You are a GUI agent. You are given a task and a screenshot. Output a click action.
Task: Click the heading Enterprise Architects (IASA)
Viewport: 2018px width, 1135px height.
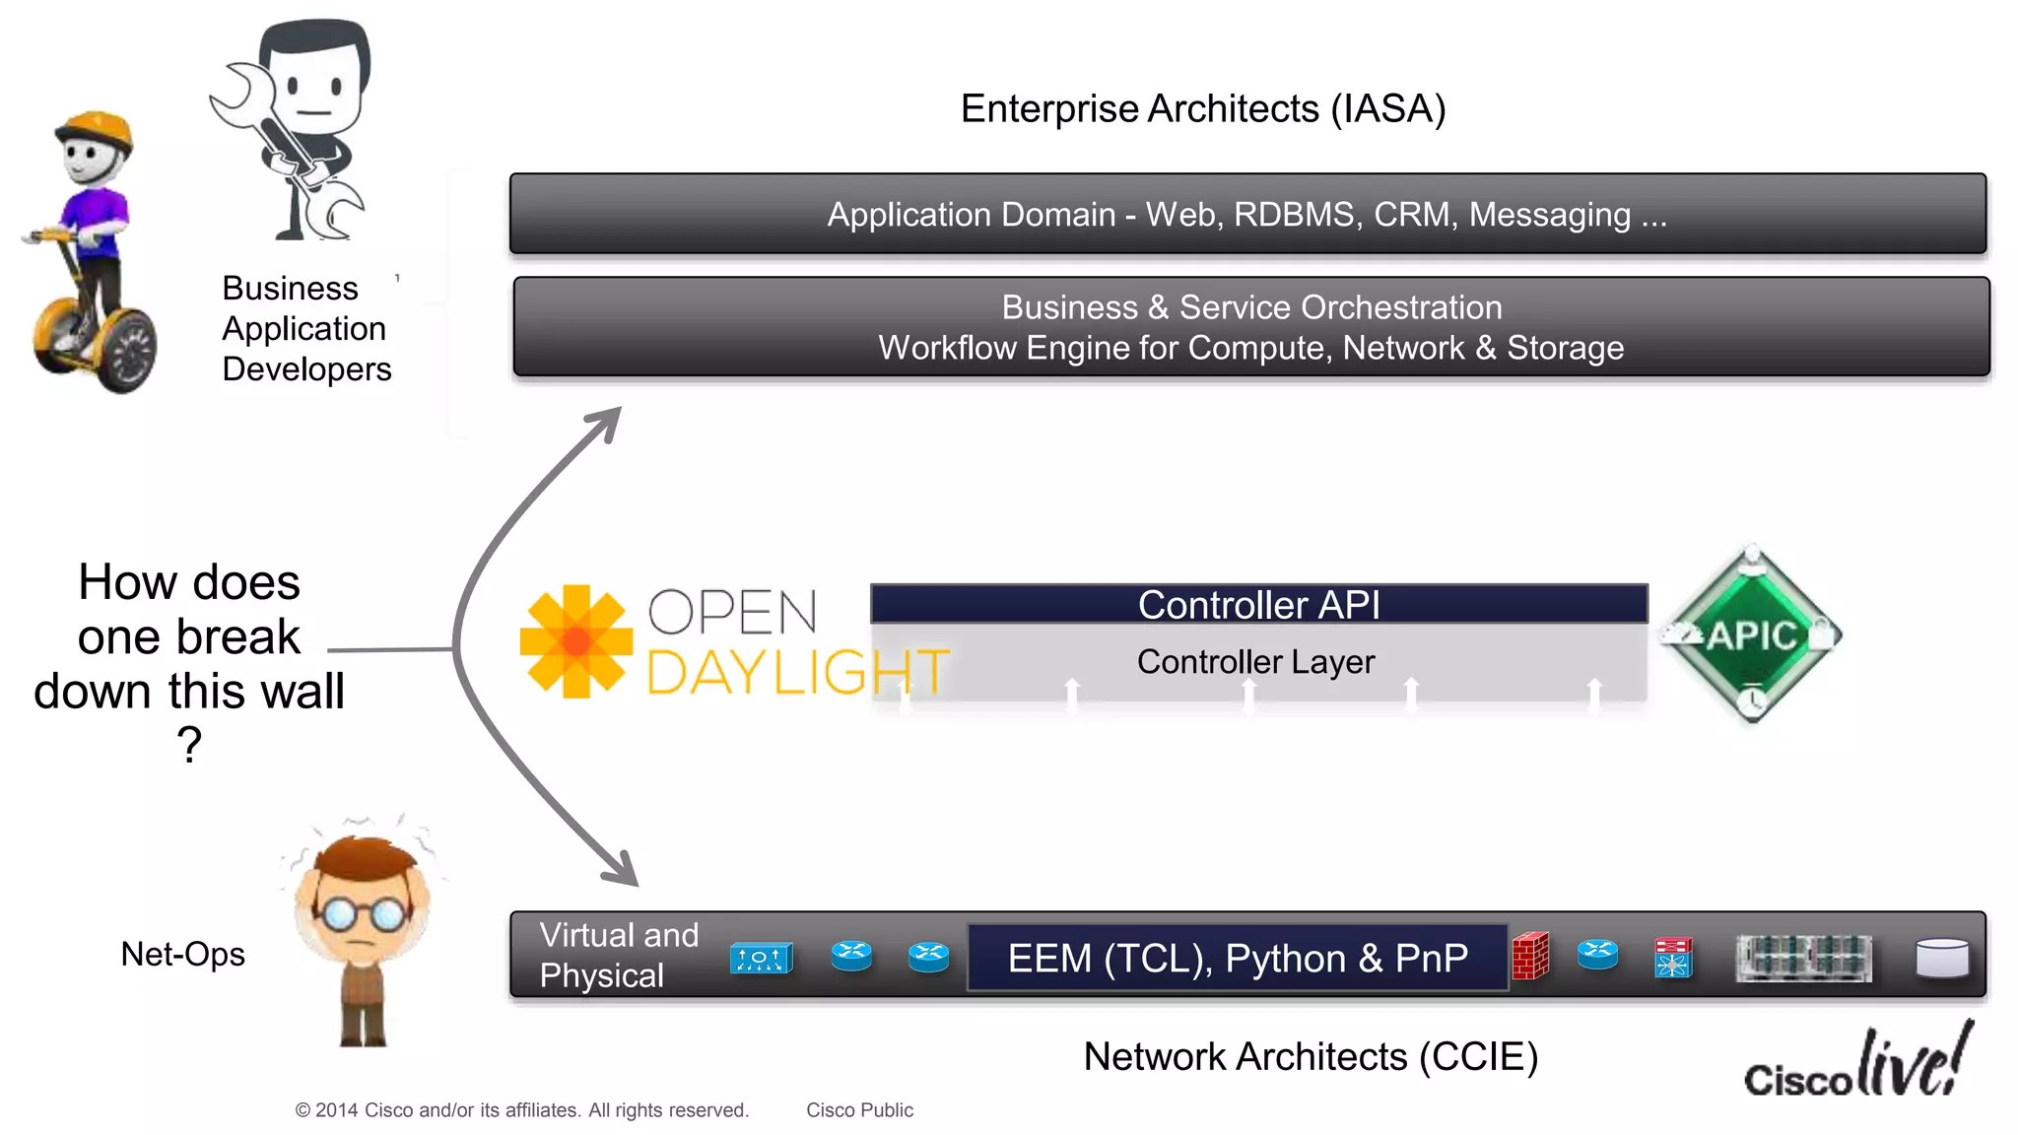point(1202,108)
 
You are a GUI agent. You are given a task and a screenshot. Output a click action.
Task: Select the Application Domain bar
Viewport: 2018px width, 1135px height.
point(1247,214)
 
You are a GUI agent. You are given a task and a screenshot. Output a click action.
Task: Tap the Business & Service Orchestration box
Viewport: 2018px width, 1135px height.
point(1251,327)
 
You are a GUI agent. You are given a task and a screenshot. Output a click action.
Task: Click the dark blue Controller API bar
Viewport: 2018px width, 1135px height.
point(1258,604)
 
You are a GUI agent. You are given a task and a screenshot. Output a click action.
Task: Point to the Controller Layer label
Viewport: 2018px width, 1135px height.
point(1255,662)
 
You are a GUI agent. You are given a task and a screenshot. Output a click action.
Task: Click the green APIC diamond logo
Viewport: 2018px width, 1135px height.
point(1752,634)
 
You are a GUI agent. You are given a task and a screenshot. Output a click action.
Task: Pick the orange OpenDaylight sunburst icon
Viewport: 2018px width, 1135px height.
point(575,641)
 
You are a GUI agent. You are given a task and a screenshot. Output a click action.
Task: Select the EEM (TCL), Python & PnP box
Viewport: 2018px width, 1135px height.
point(1238,958)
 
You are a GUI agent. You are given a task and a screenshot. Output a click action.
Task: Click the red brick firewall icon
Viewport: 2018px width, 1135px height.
point(1530,956)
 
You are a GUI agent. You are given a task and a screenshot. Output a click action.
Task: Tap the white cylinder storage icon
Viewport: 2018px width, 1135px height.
point(1942,958)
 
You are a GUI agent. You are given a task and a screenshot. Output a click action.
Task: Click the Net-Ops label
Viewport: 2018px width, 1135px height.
point(182,954)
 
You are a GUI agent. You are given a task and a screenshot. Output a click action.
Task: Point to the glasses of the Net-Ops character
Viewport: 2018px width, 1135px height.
point(363,914)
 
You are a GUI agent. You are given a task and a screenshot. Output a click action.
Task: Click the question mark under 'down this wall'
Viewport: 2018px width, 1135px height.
point(189,745)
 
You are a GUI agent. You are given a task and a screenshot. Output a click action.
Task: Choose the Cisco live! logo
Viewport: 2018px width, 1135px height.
point(1857,1064)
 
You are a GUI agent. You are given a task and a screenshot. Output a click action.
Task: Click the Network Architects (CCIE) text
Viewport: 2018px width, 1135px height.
point(1311,1056)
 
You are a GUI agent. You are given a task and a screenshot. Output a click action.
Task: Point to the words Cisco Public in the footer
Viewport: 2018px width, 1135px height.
point(859,1110)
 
